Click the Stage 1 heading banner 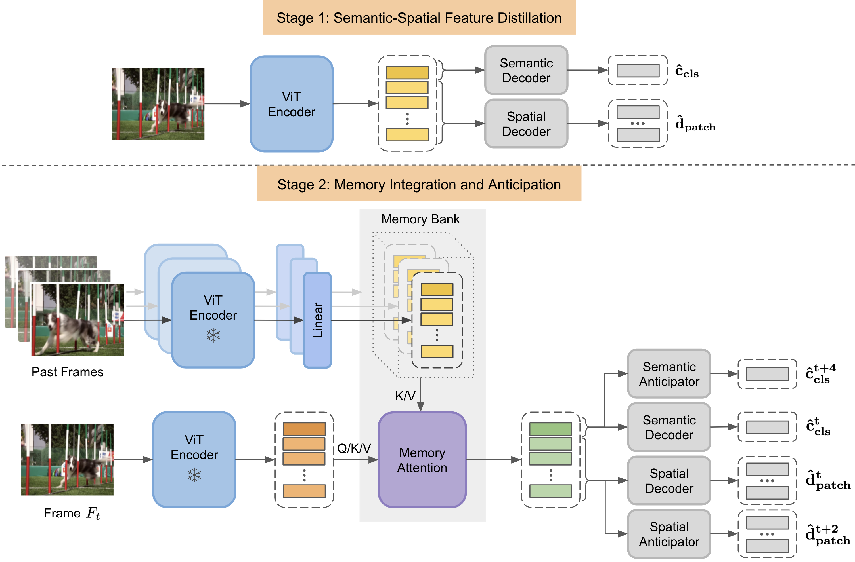tap(419, 18)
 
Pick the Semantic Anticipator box tap(669, 374)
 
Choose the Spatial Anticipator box tap(669, 534)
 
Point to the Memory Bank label tap(420, 219)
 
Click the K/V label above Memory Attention tap(405, 396)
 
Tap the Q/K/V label tap(354, 448)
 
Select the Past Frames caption tap(68, 372)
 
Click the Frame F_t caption tap(72, 513)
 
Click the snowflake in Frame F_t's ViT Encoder tap(194, 475)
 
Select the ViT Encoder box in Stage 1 tap(291, 104)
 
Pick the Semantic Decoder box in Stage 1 tap(526, 70)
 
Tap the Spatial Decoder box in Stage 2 tap(669, 481)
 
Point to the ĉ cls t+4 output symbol tap(821, 374)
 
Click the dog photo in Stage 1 tap(158, 104)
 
